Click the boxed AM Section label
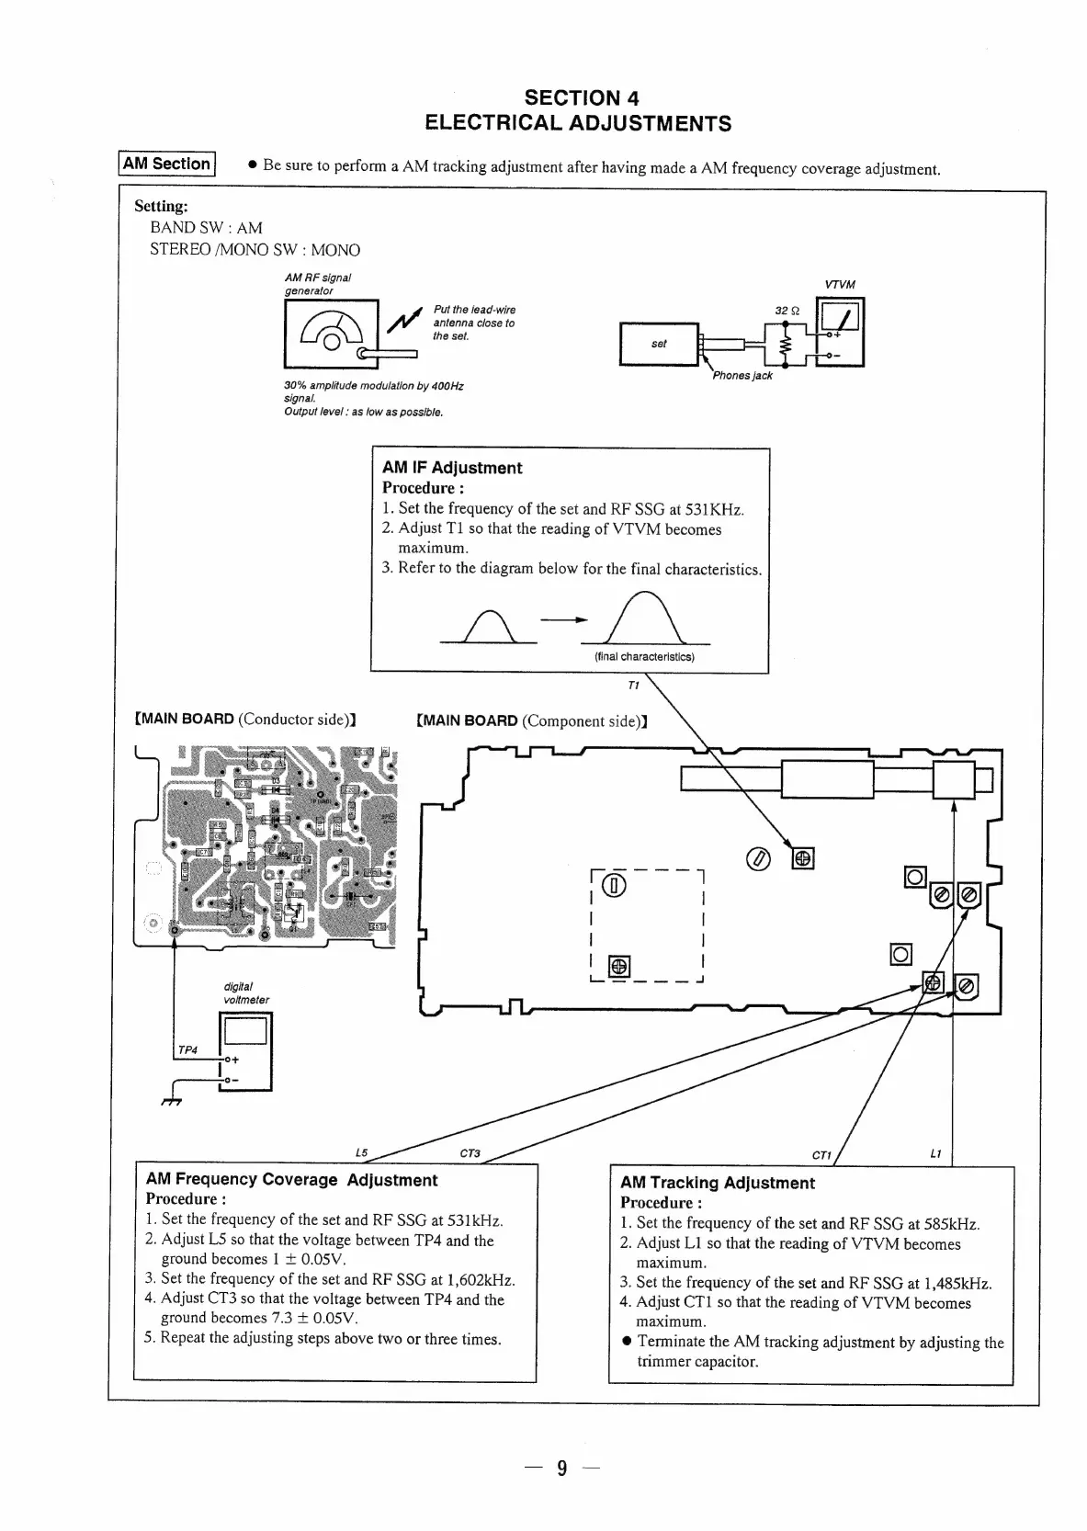click(x=166, y=164)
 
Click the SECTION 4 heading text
click(x=581, y=97)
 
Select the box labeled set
click(x=659, y=344)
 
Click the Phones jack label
click(x=742, y=375)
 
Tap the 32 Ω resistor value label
click(x=787, y=311)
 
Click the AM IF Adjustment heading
click(x=452, y=468)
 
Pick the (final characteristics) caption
click(x=644, y=656)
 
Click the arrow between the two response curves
click(x=563, y=619)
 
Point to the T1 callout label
click(x=632, y=686)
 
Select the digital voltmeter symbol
click(x=245, y=1050)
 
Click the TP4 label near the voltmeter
click(x=187, y=1049)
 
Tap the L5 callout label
click(x=361, y=1152)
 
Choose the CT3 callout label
click(x=470, y=1153)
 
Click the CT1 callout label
click(x=821, y=1154)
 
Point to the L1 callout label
click(x=935, y=1153)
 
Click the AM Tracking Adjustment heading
click(x=717, y=1183)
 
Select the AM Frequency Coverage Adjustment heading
click(x=291, y=1180)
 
